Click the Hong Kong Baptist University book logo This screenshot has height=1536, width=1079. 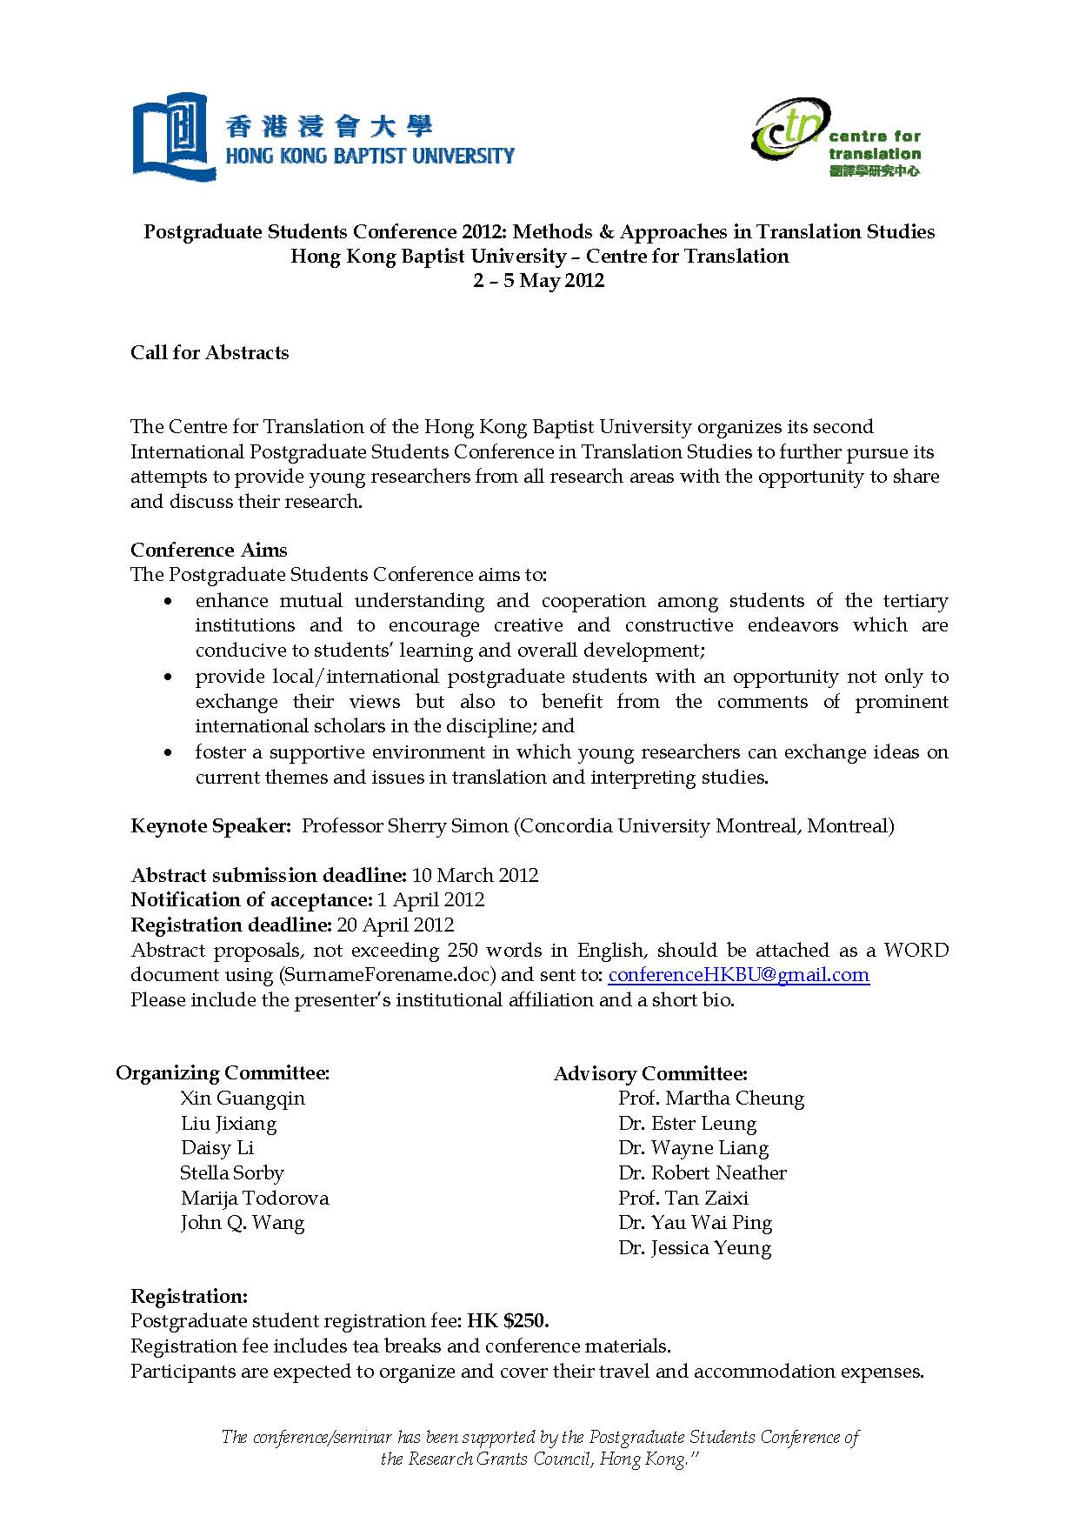coord(174,137)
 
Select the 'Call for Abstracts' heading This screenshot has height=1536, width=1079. coord(210,353)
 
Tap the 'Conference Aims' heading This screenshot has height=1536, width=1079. coord(209,551)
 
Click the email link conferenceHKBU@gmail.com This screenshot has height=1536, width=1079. coord(738,975)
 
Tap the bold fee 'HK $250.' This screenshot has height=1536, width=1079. coord(508,1321)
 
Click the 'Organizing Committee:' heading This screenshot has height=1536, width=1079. coord(223,1073)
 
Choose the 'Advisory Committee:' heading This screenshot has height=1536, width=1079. coord(650,1074)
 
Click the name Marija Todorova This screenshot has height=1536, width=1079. coord(255,1199)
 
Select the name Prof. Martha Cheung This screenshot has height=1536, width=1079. coord(711,1099)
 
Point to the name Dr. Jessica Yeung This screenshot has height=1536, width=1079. coord(695,1248)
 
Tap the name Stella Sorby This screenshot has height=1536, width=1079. coord(232,1173)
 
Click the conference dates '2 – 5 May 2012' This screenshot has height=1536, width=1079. coord(538,281)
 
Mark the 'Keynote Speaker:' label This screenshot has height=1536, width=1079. coord(210,826)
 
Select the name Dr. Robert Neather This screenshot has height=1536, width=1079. coord(703,1173)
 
